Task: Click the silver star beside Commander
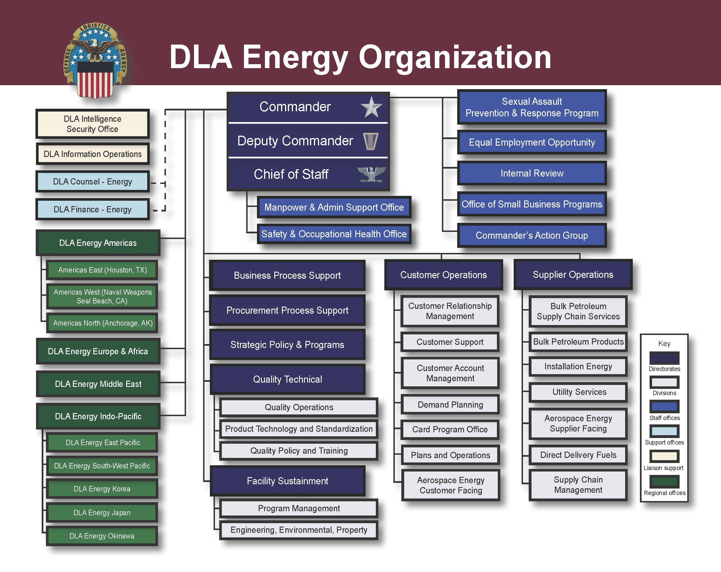(371, 107)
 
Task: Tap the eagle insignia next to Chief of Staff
(371, 174)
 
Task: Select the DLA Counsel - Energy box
(93, 182)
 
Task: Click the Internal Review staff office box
(532, 173)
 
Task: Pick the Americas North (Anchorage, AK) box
(102, 323)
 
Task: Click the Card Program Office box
(450, 429)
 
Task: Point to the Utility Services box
(579, 392)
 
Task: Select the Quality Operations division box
(299, 407)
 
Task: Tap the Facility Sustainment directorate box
(287, 481)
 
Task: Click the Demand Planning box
(450, 405)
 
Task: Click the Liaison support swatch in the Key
(664, 456)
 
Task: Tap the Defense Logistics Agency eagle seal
(95, 60)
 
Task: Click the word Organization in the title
(455, 58)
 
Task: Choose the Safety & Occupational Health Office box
(334, 234)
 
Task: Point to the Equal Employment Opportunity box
(532, 142)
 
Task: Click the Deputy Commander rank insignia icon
(370, 141)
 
